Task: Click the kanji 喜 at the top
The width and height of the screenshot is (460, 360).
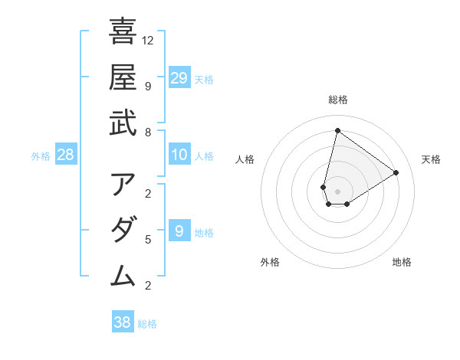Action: click(x=123, y=31)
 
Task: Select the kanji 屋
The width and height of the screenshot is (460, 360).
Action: click(x=123, y=77)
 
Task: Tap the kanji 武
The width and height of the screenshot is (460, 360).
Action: click(x=123, y=122)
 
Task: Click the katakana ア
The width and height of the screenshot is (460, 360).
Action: click(x=123, y=185)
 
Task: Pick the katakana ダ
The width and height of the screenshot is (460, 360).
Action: click(x=123, y=230)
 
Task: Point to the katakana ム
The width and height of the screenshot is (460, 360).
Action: click(x=123, y=275)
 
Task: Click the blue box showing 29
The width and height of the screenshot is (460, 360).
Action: click(x=179, y=77)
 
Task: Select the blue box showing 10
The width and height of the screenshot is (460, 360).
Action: click(x=179, y=155)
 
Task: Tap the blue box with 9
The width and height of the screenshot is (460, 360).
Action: click(x=179, y=231)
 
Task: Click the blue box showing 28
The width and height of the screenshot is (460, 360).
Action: click(x=66, y=155)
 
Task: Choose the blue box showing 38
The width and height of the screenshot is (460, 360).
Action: click(x=123, y=322)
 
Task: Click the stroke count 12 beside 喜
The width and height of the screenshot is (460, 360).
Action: click(x=148, y=40)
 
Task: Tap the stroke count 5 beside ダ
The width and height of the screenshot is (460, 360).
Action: click(x=148, y=240)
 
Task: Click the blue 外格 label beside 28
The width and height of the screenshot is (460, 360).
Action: click(x=41, y=156)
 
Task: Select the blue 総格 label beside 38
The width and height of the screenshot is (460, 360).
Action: click(x=147, y=324)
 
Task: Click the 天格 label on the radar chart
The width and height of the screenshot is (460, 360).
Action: click(x=431, y=159)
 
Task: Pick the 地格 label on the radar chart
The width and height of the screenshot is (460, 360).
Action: click(x=402, y=262)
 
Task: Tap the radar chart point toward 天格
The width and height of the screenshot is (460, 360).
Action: click(x=396, y=172)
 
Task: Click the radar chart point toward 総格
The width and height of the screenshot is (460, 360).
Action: click(x=337, y=130)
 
